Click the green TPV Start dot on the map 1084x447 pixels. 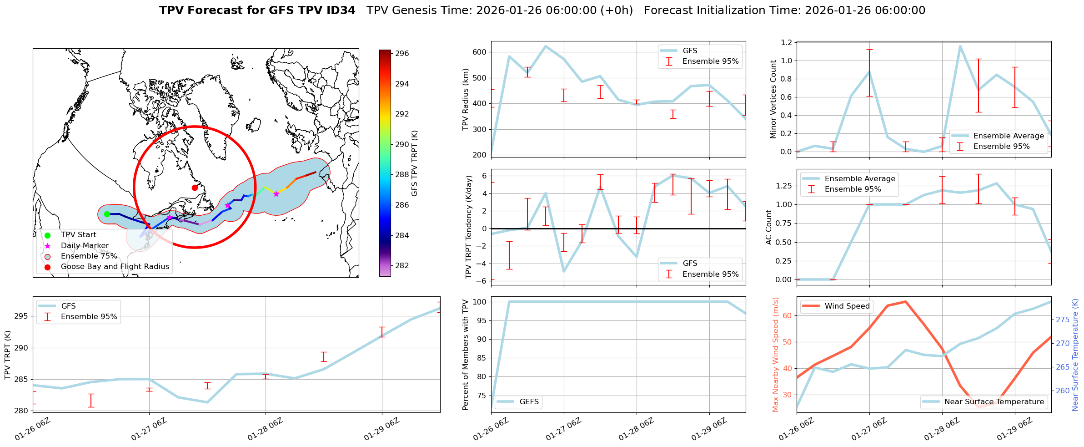click(x=107, y=214)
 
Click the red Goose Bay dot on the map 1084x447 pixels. click(x=195, y=188)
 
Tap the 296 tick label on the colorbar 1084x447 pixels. click(x=402, y=53)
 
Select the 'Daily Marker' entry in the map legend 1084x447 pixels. click(x=85, y=245)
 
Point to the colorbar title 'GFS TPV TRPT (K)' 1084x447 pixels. click(x=414, y=163)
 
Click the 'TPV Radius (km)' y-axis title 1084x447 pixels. click(x=465, y=99)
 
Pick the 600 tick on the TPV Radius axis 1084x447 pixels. click(x=480, y=52)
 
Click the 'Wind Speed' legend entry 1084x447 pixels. click(x=847, y=306)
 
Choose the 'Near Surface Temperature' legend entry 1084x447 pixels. click(x=994, y=401)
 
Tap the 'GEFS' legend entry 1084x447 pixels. click(x=529, y=401)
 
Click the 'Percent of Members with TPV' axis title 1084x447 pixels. click(x=465, y=355)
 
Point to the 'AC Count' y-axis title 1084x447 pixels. click(x=769, y=227)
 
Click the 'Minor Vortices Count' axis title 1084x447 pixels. click(x=773, y=99)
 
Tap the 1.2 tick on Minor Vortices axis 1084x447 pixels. click(x=786, y=42)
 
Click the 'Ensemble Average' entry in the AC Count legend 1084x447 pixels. click(x=859, y=178)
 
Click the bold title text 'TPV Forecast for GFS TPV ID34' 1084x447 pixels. click(x=257, y=10)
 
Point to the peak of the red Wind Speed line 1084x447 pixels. click(x=905, y=301)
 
